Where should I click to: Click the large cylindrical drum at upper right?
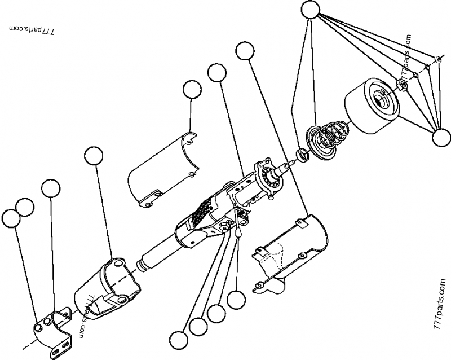pyautogui.click(x=373, y=108)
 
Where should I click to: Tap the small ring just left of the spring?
pyautogui.click(x=303, y=153)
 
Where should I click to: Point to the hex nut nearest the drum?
pyautogui.click(x=403, y=85)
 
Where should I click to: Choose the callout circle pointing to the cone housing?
pyautogui.click(x=94, y=156)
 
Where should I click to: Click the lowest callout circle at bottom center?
pyautogui.click(x=180, y=340)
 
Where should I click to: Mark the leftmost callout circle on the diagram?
pyautogui.click(x=11, y=218)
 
